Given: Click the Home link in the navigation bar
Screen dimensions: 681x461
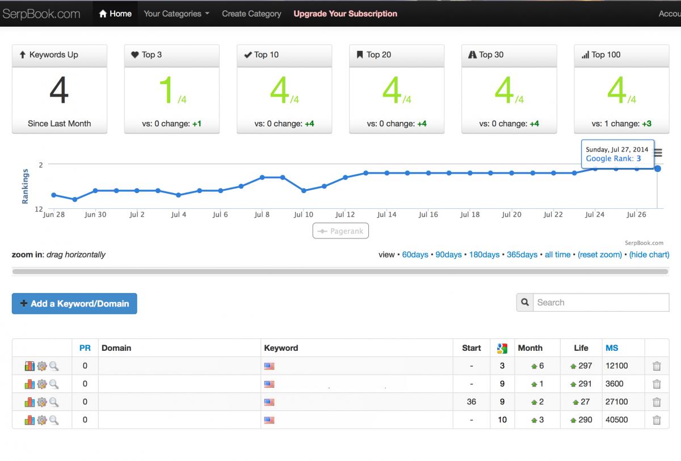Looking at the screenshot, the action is pyautogui.click(x=115, y=14).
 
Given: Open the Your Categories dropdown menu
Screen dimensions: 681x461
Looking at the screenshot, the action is pyautogui.click(x=176, y=14).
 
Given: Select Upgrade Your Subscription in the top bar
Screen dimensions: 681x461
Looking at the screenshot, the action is pyautogui.click(x=345, y=14).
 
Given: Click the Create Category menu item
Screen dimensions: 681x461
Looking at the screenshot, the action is pyautogui.click(x=251, y=14).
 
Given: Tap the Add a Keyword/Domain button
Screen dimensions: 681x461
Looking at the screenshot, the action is pyautogui.click(x=74, y=303).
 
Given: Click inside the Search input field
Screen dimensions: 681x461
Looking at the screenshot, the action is pyautogui.click(x=601, y=302).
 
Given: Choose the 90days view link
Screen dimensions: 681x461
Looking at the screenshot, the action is pyautogui.click(x=448, y=254).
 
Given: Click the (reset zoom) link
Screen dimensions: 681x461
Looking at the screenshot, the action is pyautogui.click(x=600, y=254).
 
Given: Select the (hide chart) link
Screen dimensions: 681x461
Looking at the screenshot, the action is pyautogui.click(x=649, y=254).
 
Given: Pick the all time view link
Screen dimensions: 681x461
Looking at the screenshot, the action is pyautogui.click(x=557, y=254).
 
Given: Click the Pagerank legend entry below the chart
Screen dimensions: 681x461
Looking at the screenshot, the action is pyautogui.click(x=340, y=231).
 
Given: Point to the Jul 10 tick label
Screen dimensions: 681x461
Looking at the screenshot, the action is pyautogui.click(x=304, y=215).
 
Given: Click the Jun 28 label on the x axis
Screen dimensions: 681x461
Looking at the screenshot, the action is pyautogui.click(x=54, y=215).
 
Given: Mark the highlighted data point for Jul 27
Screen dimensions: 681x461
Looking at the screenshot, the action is pyautogui.click(x=657, y=169).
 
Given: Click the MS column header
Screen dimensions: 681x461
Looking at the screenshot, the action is pyautogui.click(x=612, y=348).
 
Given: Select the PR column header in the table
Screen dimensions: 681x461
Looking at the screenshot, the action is pyautogui.click(x=85, y=348).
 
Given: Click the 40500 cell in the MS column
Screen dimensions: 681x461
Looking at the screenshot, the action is pyautogui.click(x=616, y=420).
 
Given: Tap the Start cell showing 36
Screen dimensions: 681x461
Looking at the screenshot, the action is pyautogui.click(x=471, y=402).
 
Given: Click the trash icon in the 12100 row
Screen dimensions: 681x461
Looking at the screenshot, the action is pyautogui.click(x=657, y=366).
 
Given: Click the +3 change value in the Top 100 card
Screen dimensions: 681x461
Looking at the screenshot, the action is pyautogui.click(x=646, y=123).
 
